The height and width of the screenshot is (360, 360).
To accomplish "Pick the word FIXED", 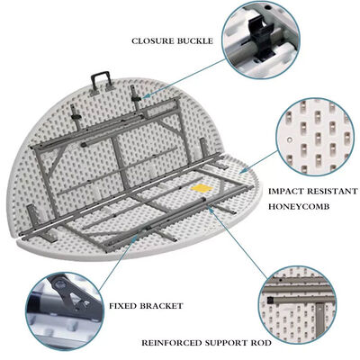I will [x=124, y=306].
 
